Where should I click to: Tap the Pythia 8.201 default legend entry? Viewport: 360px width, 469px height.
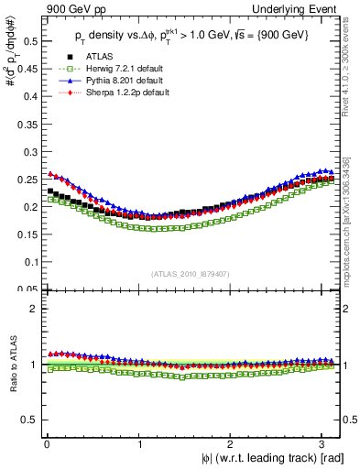click(102, 104)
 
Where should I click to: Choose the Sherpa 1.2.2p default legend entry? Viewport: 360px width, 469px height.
click(104, 116)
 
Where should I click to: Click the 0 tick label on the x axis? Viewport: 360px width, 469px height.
click(46, 443)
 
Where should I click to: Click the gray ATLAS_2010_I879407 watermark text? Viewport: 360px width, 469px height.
click(191, 273)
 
